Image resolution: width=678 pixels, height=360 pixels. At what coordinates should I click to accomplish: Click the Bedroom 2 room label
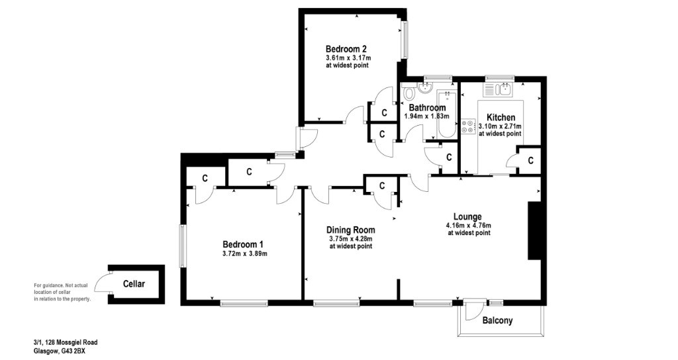pos(346,48)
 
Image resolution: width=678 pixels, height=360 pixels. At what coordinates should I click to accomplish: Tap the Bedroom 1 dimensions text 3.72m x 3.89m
pos(245,253)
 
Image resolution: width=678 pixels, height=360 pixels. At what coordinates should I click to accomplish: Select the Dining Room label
pos(351,230)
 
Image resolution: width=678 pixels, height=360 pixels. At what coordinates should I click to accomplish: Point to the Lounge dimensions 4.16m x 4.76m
pos(469,225)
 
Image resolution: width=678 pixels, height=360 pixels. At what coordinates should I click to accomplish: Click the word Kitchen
pos(501,118)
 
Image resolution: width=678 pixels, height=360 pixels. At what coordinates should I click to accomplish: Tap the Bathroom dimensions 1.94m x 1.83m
pos(427,116)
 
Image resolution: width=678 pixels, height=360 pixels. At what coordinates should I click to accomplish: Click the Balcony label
pos(497,321)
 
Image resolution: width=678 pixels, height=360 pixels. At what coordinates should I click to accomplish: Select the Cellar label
pos(134,284)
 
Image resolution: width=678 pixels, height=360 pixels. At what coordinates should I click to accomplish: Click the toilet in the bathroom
pos(407,93)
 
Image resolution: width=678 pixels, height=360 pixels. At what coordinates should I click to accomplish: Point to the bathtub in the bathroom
pos(447,115)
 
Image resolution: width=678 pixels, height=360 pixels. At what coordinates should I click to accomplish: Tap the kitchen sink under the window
pos(503,89)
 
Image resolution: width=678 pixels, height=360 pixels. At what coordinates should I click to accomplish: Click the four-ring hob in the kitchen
pos(467,126)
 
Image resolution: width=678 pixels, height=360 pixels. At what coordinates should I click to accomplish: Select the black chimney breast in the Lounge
pos(534,231)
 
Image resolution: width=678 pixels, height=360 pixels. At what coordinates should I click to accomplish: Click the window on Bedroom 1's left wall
pos(183,246)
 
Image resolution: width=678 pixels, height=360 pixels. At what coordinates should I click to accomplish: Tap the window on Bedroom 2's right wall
pos(405,40)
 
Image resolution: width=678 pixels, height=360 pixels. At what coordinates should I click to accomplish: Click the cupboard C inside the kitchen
pos(530,160)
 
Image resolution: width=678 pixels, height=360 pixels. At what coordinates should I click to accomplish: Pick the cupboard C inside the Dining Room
pos(382,186)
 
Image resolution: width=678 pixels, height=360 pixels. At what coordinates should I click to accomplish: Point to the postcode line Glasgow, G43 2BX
pos(60,351)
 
